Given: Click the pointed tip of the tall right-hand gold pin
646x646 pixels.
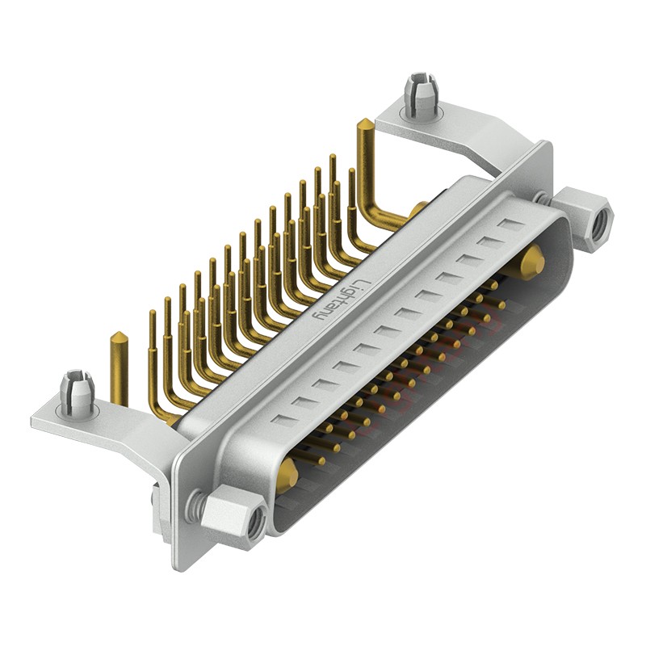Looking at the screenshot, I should [364, 124].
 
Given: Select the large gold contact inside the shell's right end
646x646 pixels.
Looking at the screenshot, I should [531, 262].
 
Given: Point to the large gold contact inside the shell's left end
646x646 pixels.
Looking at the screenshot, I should [287, 478].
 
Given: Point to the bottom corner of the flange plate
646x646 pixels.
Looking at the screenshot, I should [182, 565].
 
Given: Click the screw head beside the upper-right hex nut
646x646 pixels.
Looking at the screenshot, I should [543, 197].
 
